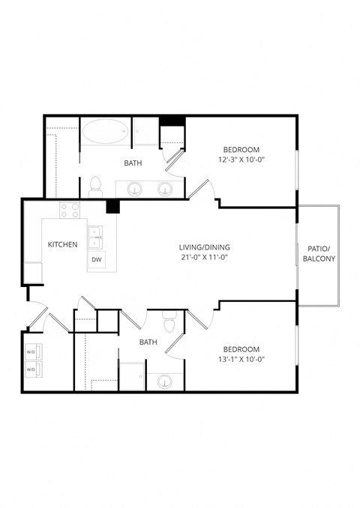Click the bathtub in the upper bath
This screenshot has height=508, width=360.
pos(106,132)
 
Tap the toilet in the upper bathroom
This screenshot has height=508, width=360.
pos(95,185)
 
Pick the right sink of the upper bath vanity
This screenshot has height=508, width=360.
pos(165,189)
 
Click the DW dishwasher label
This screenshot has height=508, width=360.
pos(96,260)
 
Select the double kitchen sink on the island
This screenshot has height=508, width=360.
pos(95,237)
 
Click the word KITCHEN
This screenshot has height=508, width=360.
pos(62,244)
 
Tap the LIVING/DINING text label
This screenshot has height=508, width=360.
pos(204,247)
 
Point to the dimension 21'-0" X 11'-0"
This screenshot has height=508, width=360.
pos(204,257)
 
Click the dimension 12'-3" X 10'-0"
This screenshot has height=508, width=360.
pos(241,160)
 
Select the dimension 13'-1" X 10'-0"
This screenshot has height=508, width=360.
pos(241,360)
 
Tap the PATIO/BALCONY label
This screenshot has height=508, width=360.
pos(319,253)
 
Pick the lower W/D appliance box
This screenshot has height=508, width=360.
pos(32,369)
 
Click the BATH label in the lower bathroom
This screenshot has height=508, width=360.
pos(148,342)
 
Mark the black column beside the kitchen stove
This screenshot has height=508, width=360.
pos(113,207)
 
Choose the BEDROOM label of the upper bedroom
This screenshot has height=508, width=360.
pos(241,149)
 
